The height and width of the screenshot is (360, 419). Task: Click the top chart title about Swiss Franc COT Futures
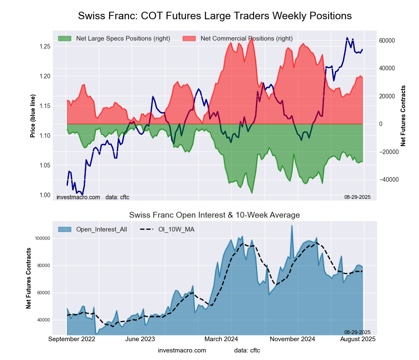(x=215, y=16)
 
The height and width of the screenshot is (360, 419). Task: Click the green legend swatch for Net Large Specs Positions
(x=65, y=39)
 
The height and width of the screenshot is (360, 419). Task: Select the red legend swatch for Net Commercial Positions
(x=189, y=39)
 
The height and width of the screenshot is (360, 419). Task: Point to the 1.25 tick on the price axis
(x=44, y=46)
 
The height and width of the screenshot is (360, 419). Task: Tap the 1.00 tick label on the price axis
(x=44, y=195)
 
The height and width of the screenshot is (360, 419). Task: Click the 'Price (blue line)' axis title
(x=33, y=116)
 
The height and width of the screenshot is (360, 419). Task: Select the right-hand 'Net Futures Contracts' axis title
(x=403, y=116)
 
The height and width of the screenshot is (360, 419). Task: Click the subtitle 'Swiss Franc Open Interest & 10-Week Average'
(x=215, y=215)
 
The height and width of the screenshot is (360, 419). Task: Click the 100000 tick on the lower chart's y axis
(x=42, y=238)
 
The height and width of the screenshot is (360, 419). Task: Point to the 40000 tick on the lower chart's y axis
(x=43, y=320)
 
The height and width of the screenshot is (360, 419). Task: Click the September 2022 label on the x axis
(x=72, y=339)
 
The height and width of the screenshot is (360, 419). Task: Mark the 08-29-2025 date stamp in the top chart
(x=354, y=197)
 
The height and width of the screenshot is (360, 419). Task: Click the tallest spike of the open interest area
(x=292, y=226)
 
